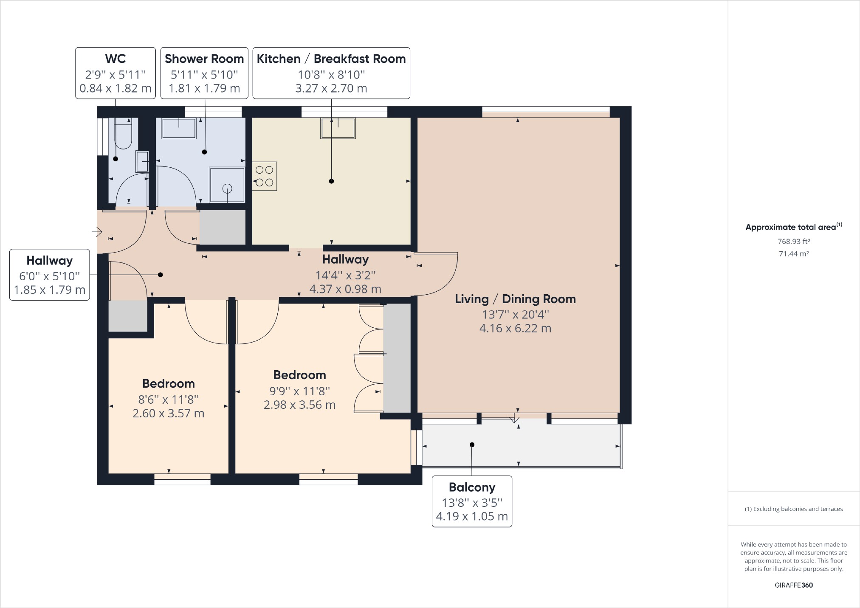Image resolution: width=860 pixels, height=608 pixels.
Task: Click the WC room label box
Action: point(116,73)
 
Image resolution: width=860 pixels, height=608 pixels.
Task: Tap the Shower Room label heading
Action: point(204,59)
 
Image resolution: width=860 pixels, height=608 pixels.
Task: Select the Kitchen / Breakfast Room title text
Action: point(331,59)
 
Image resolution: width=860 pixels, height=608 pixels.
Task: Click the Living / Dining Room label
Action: point(515,299)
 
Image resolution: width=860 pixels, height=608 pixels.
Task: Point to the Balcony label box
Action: point(472,501)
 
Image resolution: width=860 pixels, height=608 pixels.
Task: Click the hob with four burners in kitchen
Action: point(265,176)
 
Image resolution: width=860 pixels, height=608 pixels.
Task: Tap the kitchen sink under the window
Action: point(338,128)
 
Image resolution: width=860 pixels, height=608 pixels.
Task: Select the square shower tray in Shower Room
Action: point(227,185)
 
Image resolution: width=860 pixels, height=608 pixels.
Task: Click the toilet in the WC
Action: point(124,133)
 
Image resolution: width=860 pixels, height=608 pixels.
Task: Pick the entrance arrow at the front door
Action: point(97,232)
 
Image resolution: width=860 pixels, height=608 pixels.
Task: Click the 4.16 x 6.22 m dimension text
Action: point(515,328)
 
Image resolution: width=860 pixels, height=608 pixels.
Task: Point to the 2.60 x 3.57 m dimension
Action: point(169,413)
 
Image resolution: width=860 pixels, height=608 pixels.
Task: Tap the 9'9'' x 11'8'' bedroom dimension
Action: point(300,391)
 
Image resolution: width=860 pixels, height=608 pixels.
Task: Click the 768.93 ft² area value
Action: point(794,241)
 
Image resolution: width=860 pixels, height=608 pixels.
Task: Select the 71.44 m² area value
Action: point(794,254)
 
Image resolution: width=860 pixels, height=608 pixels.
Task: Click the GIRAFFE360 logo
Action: point(794,585)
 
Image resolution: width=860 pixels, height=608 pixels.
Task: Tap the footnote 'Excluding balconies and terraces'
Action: point(798,509)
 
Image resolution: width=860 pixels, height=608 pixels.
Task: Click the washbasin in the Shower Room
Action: point(179,128)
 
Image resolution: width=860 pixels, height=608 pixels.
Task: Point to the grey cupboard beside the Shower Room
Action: point(223,228)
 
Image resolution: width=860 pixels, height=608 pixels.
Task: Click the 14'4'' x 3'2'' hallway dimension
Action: point(345,275)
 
